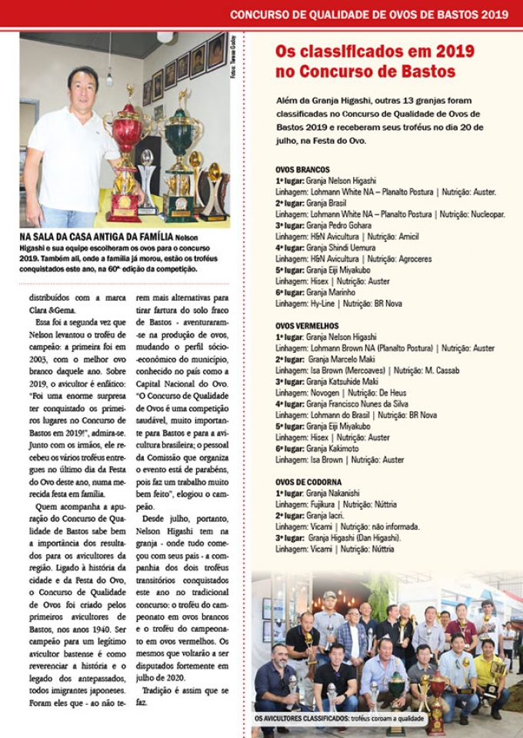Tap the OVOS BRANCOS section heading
(302, 169)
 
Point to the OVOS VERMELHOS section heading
(307, 326)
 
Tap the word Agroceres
(411, 259)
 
